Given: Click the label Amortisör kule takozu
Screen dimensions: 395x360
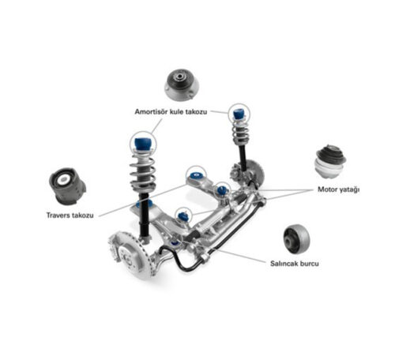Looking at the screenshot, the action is (x=171, y=112).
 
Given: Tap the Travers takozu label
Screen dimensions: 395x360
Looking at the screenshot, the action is (x=70, y=216).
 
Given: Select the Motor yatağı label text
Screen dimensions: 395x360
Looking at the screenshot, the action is (x=338, y=189).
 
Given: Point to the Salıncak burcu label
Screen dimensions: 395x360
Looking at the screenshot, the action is (x=295, y=264).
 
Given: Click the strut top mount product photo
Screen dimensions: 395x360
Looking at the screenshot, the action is (x=182, y=84).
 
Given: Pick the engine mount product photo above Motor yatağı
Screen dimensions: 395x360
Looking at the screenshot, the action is (x=330, y=161).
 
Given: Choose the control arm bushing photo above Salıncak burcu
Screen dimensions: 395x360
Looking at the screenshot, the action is (x=297, y=238).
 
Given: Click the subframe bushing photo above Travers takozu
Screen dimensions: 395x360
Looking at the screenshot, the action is (x=67, y=186).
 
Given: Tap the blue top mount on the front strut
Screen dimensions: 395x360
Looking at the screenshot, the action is (x=142, y=144).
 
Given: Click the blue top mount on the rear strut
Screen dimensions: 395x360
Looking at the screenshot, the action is (x=239, y=114).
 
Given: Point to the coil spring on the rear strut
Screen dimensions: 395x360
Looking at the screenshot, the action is (x=240, y=132).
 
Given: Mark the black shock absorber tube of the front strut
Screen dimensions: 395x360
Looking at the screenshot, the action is (x=144, y=215).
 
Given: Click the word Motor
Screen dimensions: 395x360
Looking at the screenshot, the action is (x=327, y=189).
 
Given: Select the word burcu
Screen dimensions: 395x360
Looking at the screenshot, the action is (x=309, y=264).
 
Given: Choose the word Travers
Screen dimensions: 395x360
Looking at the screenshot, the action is (x=58, y=216).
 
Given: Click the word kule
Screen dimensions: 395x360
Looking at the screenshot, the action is (x=176, y=111).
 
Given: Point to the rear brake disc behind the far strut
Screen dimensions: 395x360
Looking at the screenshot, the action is (x=255, y=172).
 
